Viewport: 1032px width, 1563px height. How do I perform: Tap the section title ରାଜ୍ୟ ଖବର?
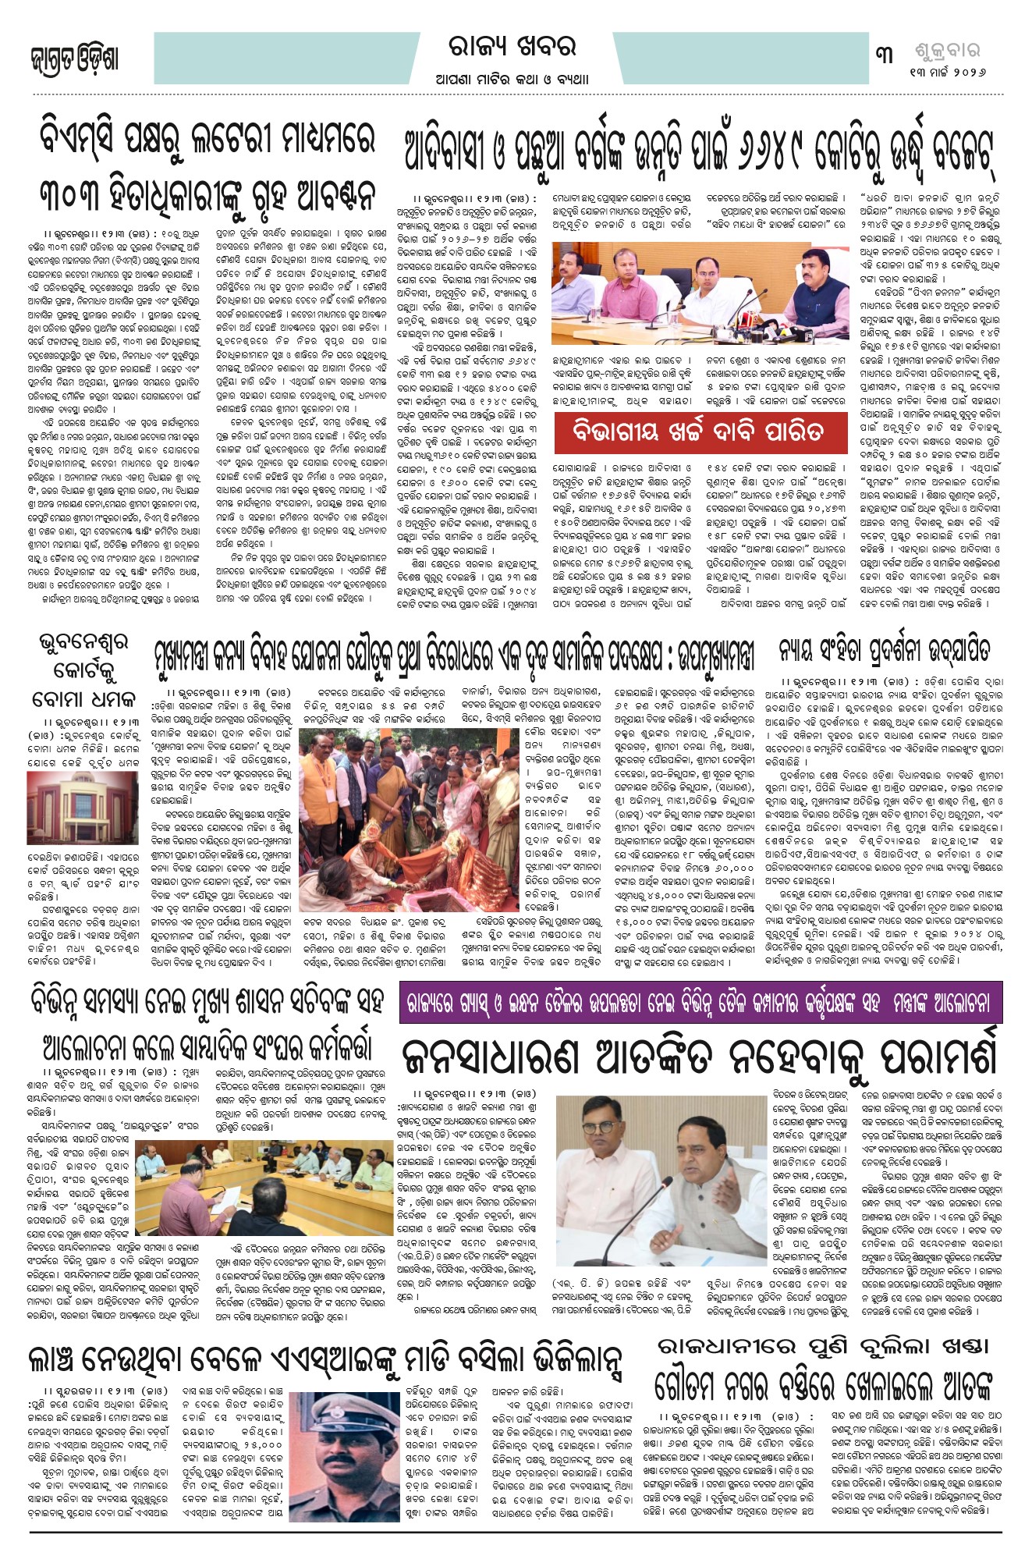[512, 48]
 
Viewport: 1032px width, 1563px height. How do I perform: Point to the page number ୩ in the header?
[884, 55]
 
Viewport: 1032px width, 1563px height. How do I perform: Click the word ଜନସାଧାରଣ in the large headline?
[491, 1060]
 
